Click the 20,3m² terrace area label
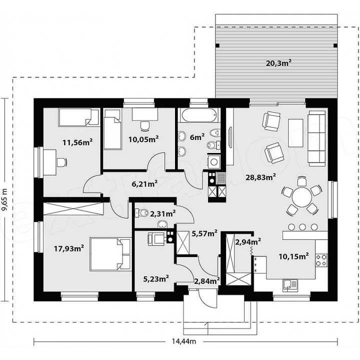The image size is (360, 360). tap(278, 62)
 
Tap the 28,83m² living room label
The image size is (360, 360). tap(260, 177)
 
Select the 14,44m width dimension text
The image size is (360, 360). tap(184, 341)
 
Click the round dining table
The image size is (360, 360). tap(301, 197)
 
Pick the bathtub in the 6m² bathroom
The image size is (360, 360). tap(198, 115)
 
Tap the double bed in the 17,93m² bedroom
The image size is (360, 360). tap(110, 254)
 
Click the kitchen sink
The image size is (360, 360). tap(290, 285)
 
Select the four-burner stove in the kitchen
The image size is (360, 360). tap(321, 259)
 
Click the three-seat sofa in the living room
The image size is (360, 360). tap(317, 138)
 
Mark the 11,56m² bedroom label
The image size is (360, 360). tap(77, 142)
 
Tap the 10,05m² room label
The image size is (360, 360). tap(143, 139)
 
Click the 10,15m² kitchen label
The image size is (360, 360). tap(293, 256)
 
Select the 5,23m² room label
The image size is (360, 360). tap(156, 278)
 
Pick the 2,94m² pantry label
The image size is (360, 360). tap(248, 241)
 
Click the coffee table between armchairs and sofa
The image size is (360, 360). tap(295, 133)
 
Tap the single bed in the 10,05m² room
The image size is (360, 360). tap(112, 129)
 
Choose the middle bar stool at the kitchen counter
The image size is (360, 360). tap(302, 227)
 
